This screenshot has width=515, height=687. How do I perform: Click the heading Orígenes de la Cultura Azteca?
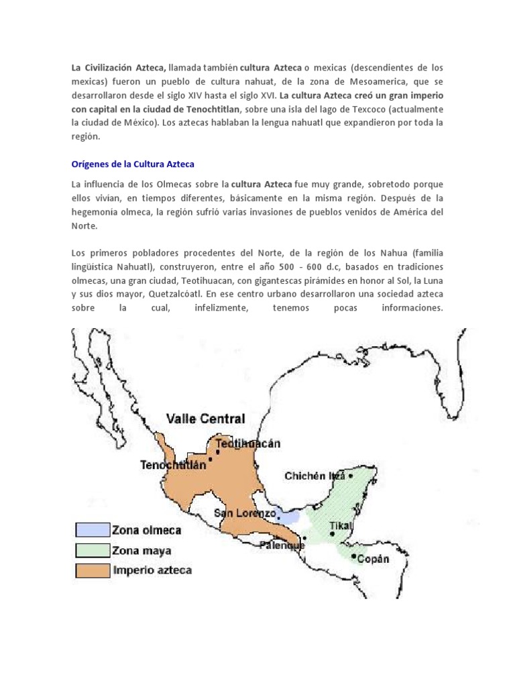tap(133, 164)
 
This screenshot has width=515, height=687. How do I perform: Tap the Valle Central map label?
tap(205, 419)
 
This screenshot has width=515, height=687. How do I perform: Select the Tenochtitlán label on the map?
tap(174, 464)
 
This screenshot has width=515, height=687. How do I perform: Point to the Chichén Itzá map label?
tap(314, 476)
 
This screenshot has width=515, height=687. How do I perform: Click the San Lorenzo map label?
tap(245, 513)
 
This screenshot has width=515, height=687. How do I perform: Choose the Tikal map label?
tap(341, 525)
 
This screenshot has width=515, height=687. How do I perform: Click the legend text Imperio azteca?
tap(152, 571)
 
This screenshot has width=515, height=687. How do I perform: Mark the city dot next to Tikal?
tap(333, 534)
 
